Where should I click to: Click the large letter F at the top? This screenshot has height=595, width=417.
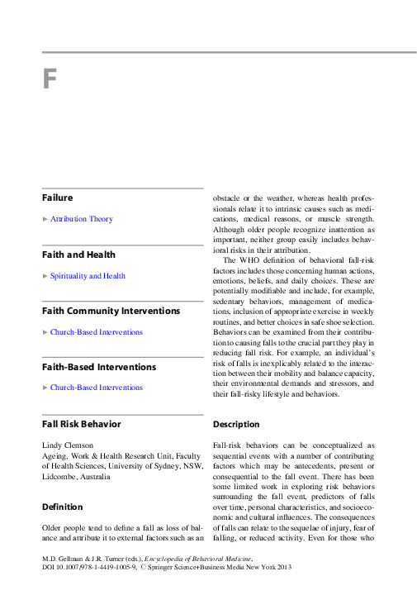click(x=50, y=79)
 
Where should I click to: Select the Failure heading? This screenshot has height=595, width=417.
click(x=58, y=198)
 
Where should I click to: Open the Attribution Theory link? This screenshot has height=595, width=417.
click(x=82, y=219)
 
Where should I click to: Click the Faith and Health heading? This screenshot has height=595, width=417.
click(x=78, y=255)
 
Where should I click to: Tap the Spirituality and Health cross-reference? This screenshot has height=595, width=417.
click(x=88, y=276)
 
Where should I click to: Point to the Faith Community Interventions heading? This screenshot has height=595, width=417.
click(x=111, y=311)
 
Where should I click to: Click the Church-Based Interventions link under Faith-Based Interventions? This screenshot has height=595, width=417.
click(x=96, y=388)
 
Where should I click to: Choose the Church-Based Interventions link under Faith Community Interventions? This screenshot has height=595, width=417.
click(x=96, y=332)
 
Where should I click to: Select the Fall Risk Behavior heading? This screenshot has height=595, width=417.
click(x=81, y=424)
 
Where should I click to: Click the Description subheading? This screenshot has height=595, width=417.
click(x=236, y=424)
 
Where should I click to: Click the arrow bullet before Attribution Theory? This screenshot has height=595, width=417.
click(x=45, y=219)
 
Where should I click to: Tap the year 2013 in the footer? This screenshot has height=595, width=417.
click(x=283, y=569)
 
